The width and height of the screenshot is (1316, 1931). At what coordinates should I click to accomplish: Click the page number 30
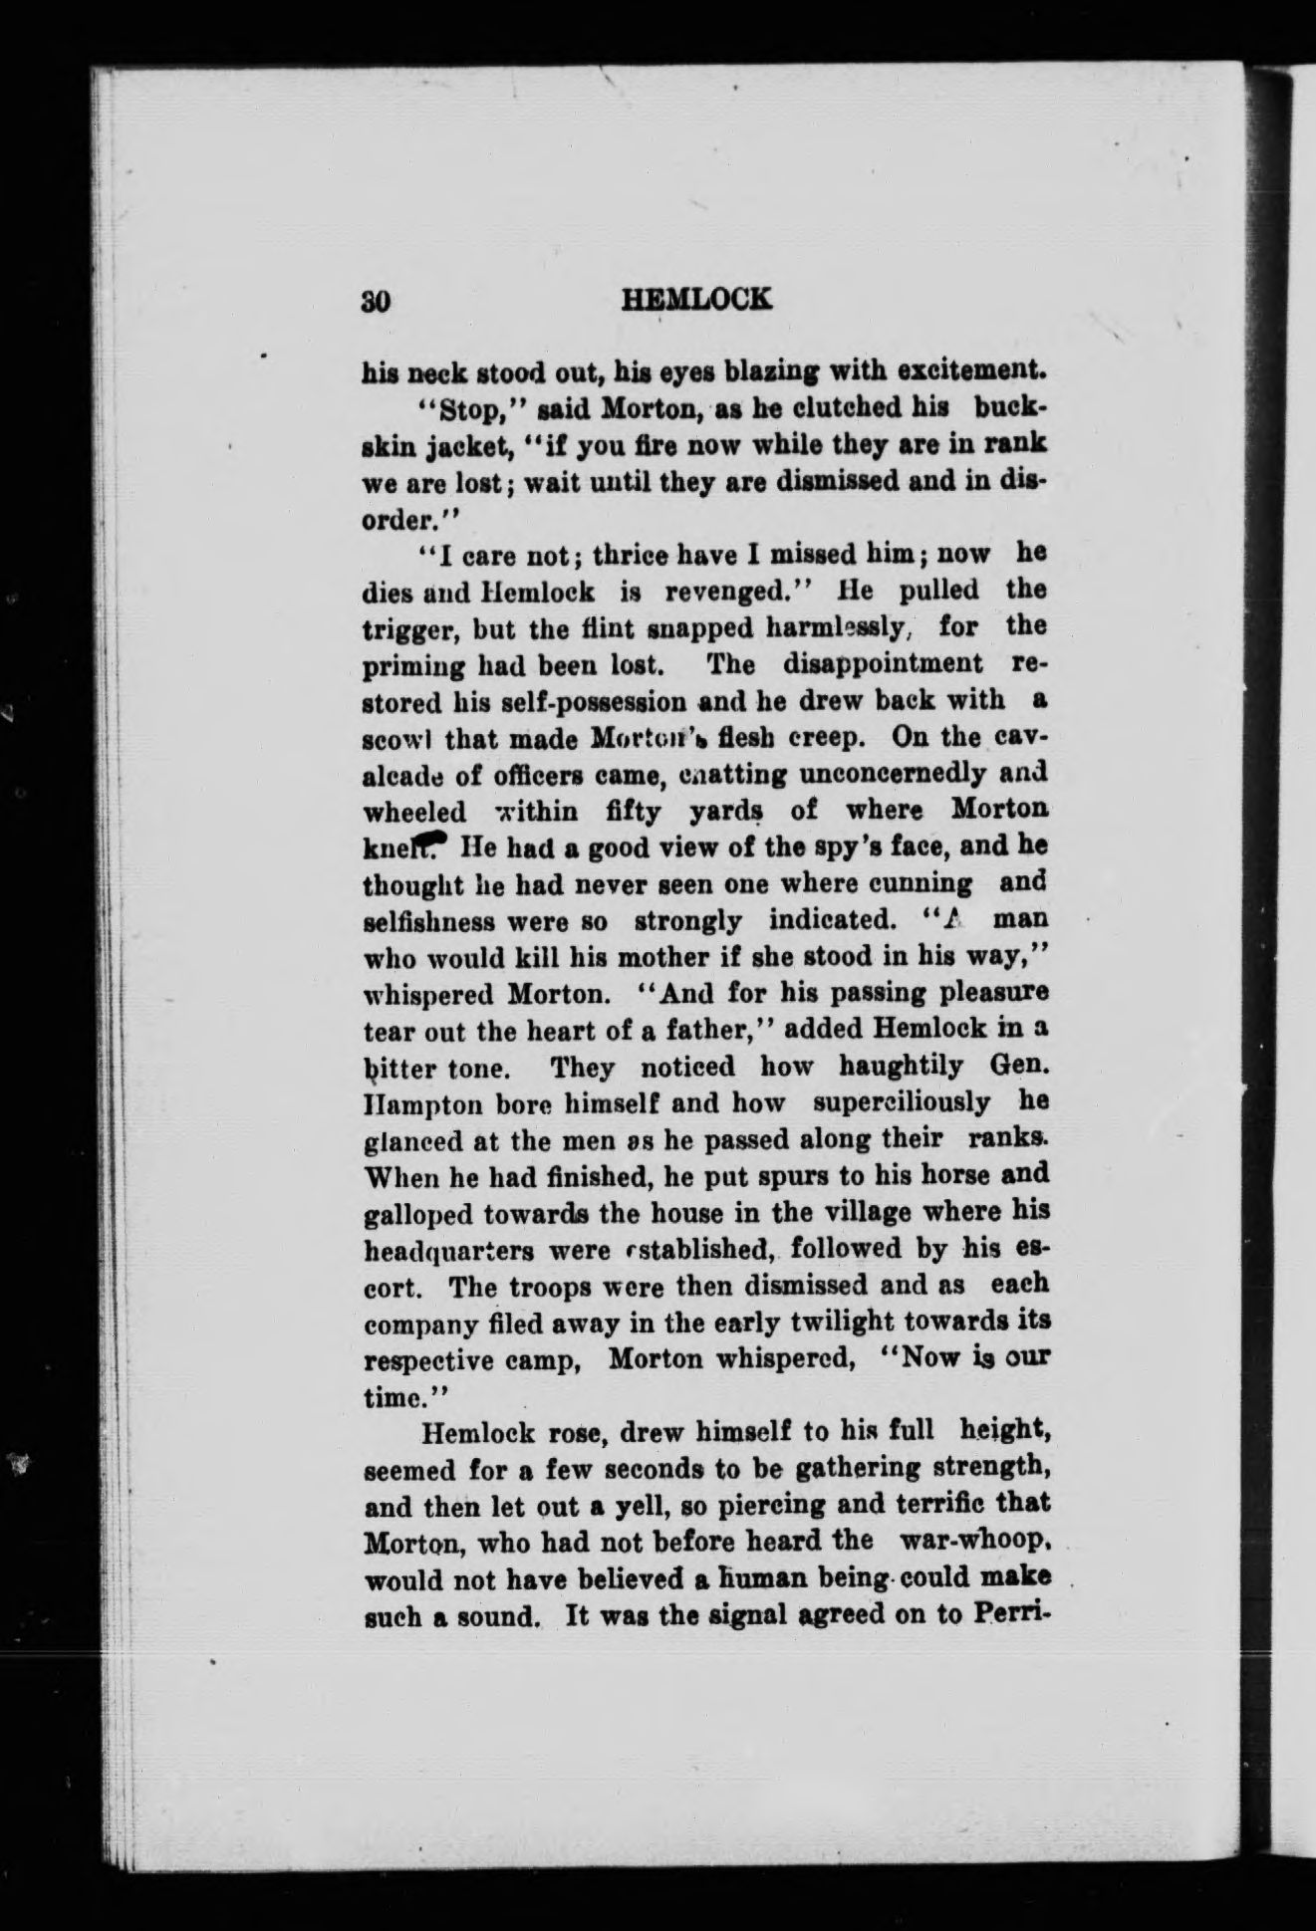(379, 302)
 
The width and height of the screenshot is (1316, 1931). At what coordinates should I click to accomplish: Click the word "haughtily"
(902, 1067)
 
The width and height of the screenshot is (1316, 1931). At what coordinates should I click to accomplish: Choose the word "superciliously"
(902, 1103)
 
